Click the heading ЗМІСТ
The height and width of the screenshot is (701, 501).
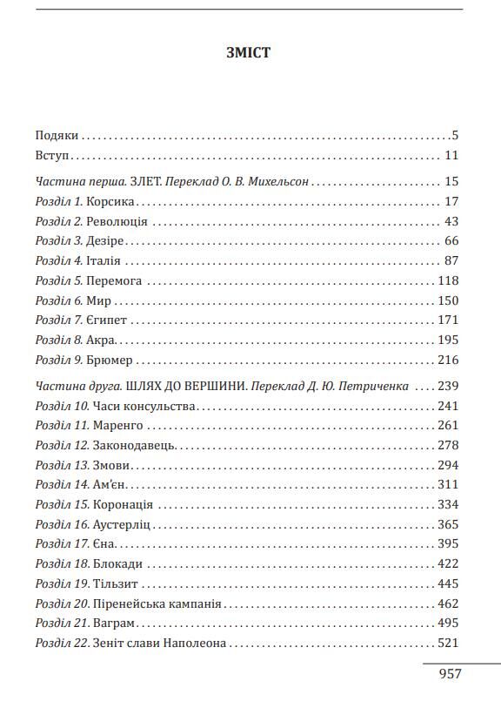click(x=250, y=53)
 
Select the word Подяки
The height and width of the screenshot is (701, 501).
click(x=57, y=136)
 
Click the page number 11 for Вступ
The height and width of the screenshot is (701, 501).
click(x=451, y=156)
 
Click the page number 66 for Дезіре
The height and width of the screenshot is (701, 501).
click(x=451, y=241)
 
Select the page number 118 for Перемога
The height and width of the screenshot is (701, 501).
click(x=447, y=281)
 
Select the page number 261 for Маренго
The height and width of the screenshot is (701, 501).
click(x=447, y=426)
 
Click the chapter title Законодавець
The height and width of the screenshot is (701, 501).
click(x=138, y=446)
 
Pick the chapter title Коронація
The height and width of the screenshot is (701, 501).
click(x=126, y=505)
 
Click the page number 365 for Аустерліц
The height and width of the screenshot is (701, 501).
click(x=447, y=525)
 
